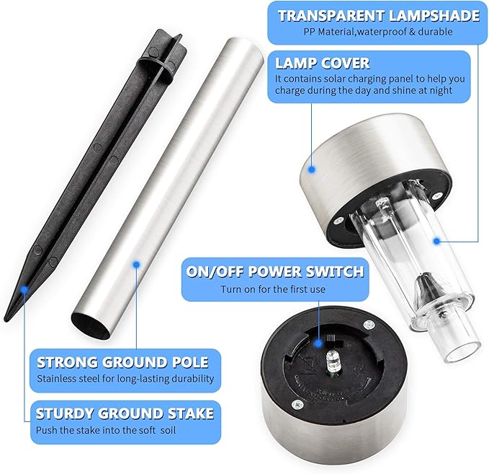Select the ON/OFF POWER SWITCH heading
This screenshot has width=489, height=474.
(x=275, y=272)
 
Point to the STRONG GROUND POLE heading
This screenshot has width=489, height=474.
(x=122, y=361)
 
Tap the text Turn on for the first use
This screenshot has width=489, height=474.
(x=274, y=289)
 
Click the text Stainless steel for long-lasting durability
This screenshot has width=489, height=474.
(x=125, y=379)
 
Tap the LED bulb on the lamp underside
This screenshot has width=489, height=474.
(x=333, y=362)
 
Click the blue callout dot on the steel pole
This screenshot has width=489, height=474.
(x=135, y=264)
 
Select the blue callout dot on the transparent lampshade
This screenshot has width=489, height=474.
(x=436, y=242)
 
